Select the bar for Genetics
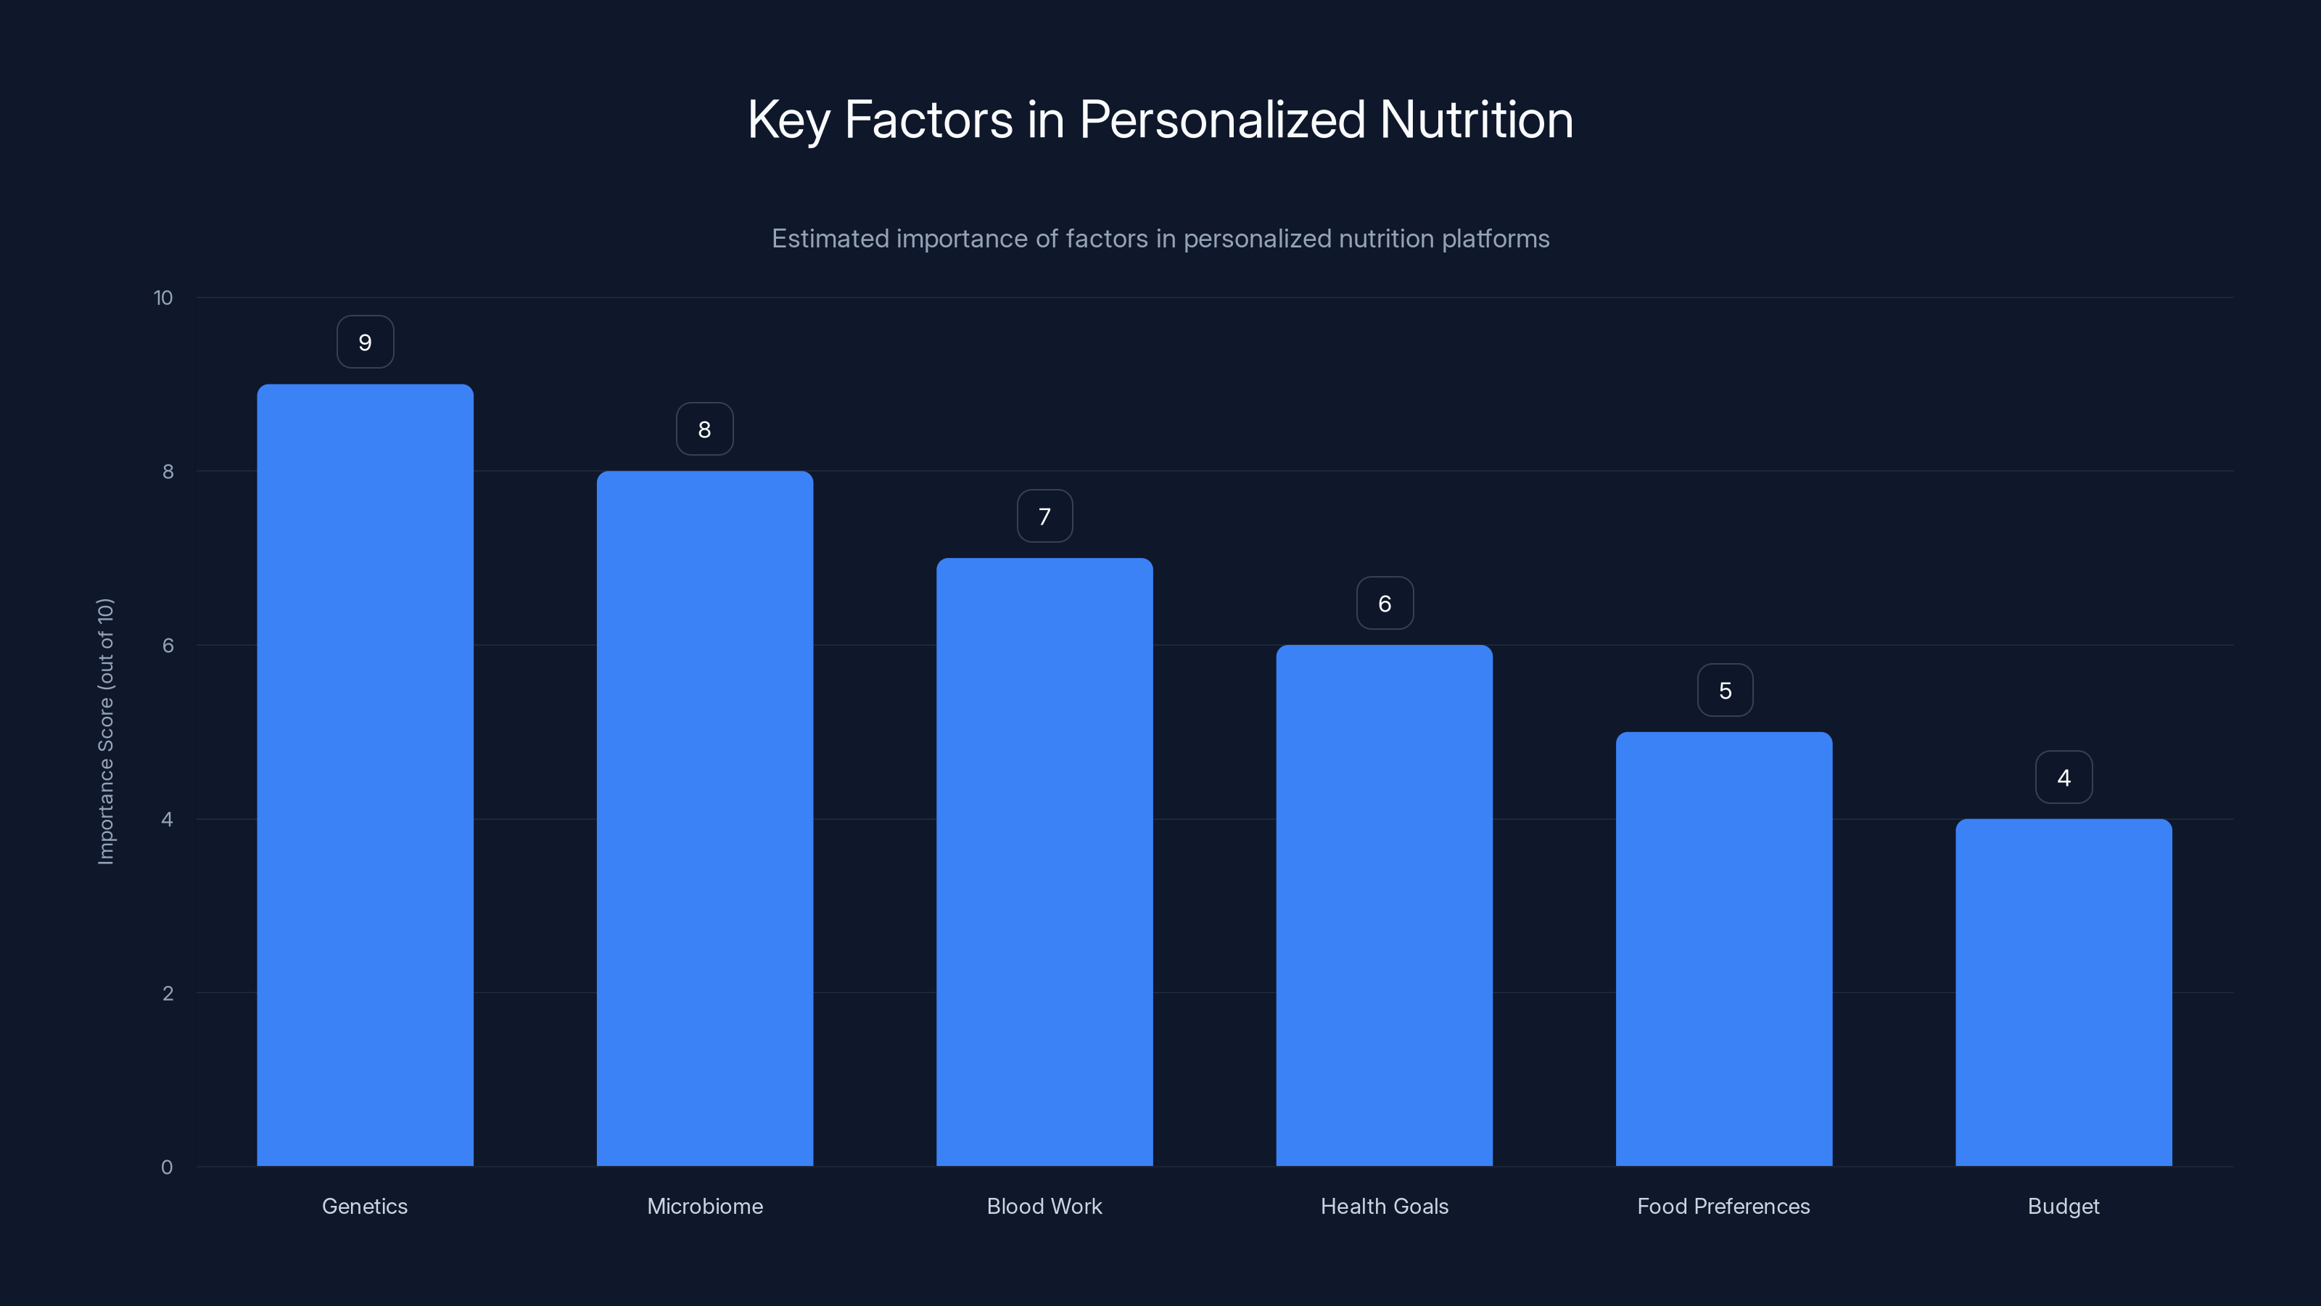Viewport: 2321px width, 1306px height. [365, 775]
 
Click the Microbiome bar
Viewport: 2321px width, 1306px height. [704, 818]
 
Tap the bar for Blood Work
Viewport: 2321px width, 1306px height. [1044, 862]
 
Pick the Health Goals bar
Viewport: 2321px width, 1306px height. [1384, 905]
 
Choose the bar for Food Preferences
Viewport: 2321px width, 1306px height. [1723, 948]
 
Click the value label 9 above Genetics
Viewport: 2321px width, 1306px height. [365, 342]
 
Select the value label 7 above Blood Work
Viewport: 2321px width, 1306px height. [1044, 517]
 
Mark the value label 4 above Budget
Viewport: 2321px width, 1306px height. [2064, 778]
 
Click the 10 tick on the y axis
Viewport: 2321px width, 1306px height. [163, 298]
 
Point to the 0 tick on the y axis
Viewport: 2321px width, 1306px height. [167, 1167]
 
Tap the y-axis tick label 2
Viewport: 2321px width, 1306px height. [168, 993]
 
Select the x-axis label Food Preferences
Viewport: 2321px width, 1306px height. [1723, 1206]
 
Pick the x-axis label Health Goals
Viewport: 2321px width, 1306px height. [1384, 1206]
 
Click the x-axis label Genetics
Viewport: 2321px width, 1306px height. [365, 1206]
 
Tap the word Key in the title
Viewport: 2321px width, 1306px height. [788, 120]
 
